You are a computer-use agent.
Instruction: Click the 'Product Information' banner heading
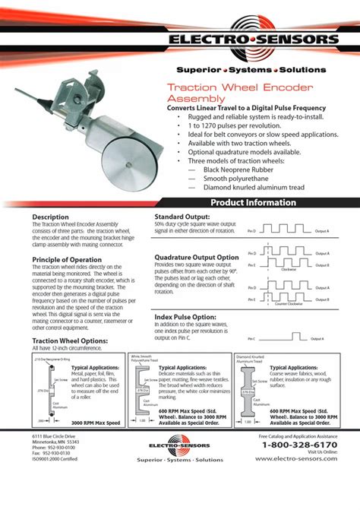point(253,203)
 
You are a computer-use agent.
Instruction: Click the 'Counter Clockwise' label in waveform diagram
point(288,303)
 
